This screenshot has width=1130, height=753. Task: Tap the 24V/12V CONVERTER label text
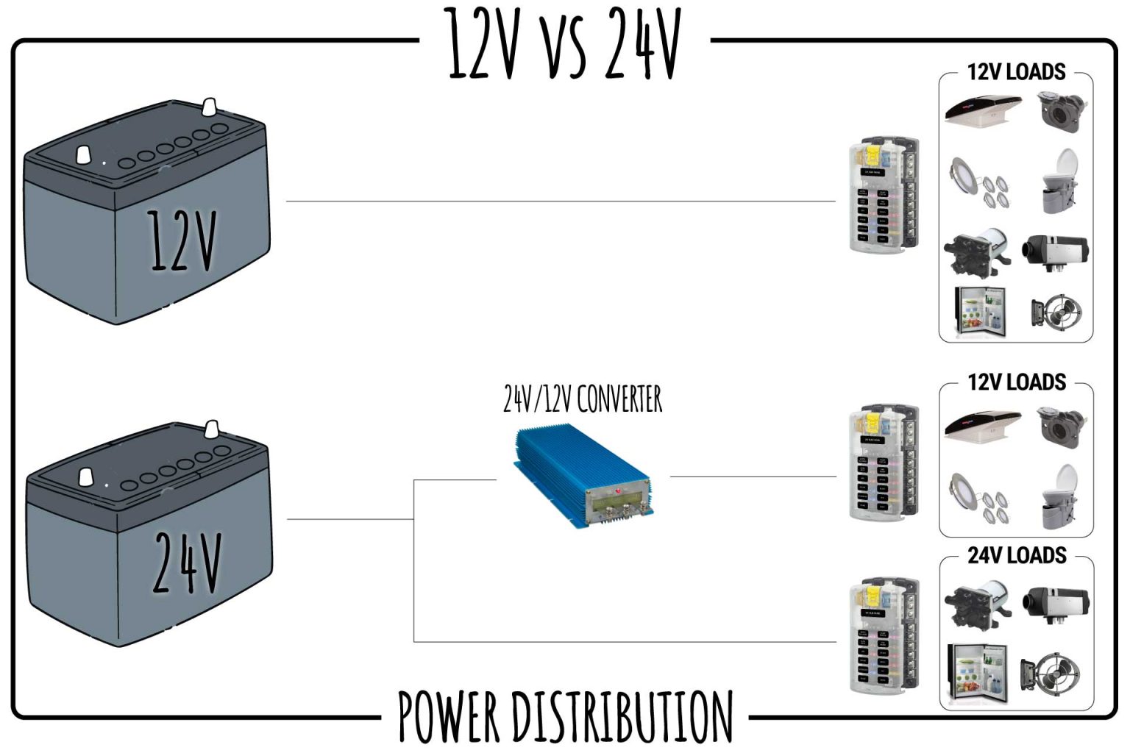click(582, 399)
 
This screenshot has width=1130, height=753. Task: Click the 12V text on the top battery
click(182, 240)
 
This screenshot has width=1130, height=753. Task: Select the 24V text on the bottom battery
click(187, 562)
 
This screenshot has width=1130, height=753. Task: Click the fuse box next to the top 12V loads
click(882, 194)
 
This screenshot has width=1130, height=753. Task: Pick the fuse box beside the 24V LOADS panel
click(882, 635)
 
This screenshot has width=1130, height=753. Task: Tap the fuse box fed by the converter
click(882, 463)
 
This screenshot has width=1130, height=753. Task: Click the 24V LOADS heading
click(1016, 555)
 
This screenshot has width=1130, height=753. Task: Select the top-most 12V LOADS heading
click(1016, 72)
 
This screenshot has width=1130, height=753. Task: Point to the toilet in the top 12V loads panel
click(1060, 181)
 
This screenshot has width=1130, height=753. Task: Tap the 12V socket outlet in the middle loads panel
click(1059, 426)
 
